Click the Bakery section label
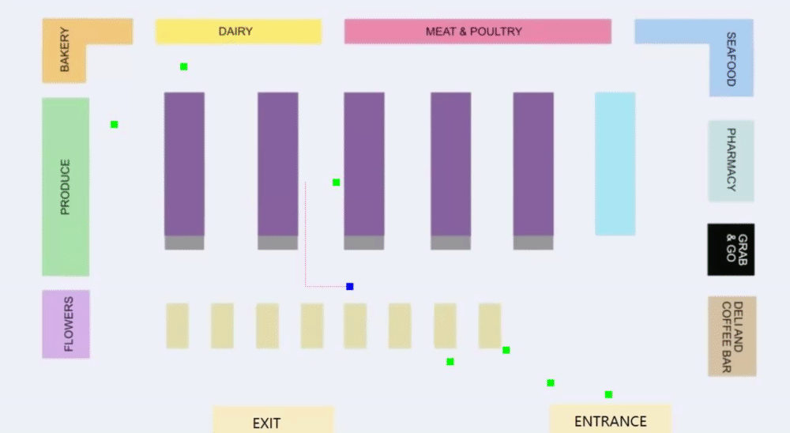(65, 51)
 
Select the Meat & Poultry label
(474, 32)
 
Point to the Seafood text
(731, 58)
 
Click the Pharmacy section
(731, 160)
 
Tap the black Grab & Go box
(731, 250)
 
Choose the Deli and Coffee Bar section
(732, 336)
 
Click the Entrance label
(610, 421)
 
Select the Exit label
(267, 424)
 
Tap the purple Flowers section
(66, 324)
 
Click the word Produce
(66, 187)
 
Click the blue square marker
(350, 286)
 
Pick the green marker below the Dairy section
(184, 66)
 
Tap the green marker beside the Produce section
(115, 124)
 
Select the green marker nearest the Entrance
(608, 394)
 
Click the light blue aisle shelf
(615, 164)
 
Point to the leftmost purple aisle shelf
(184, 164)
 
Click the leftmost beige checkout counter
(177, 326)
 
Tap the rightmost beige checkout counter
(490, 326)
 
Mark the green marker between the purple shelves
(337, 183)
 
